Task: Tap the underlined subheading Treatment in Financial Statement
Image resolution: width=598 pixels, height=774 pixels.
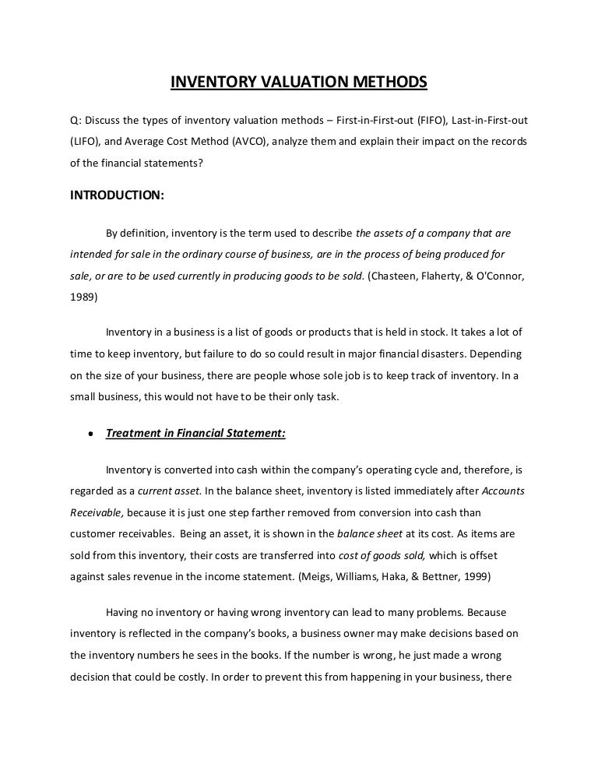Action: point(195,434)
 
